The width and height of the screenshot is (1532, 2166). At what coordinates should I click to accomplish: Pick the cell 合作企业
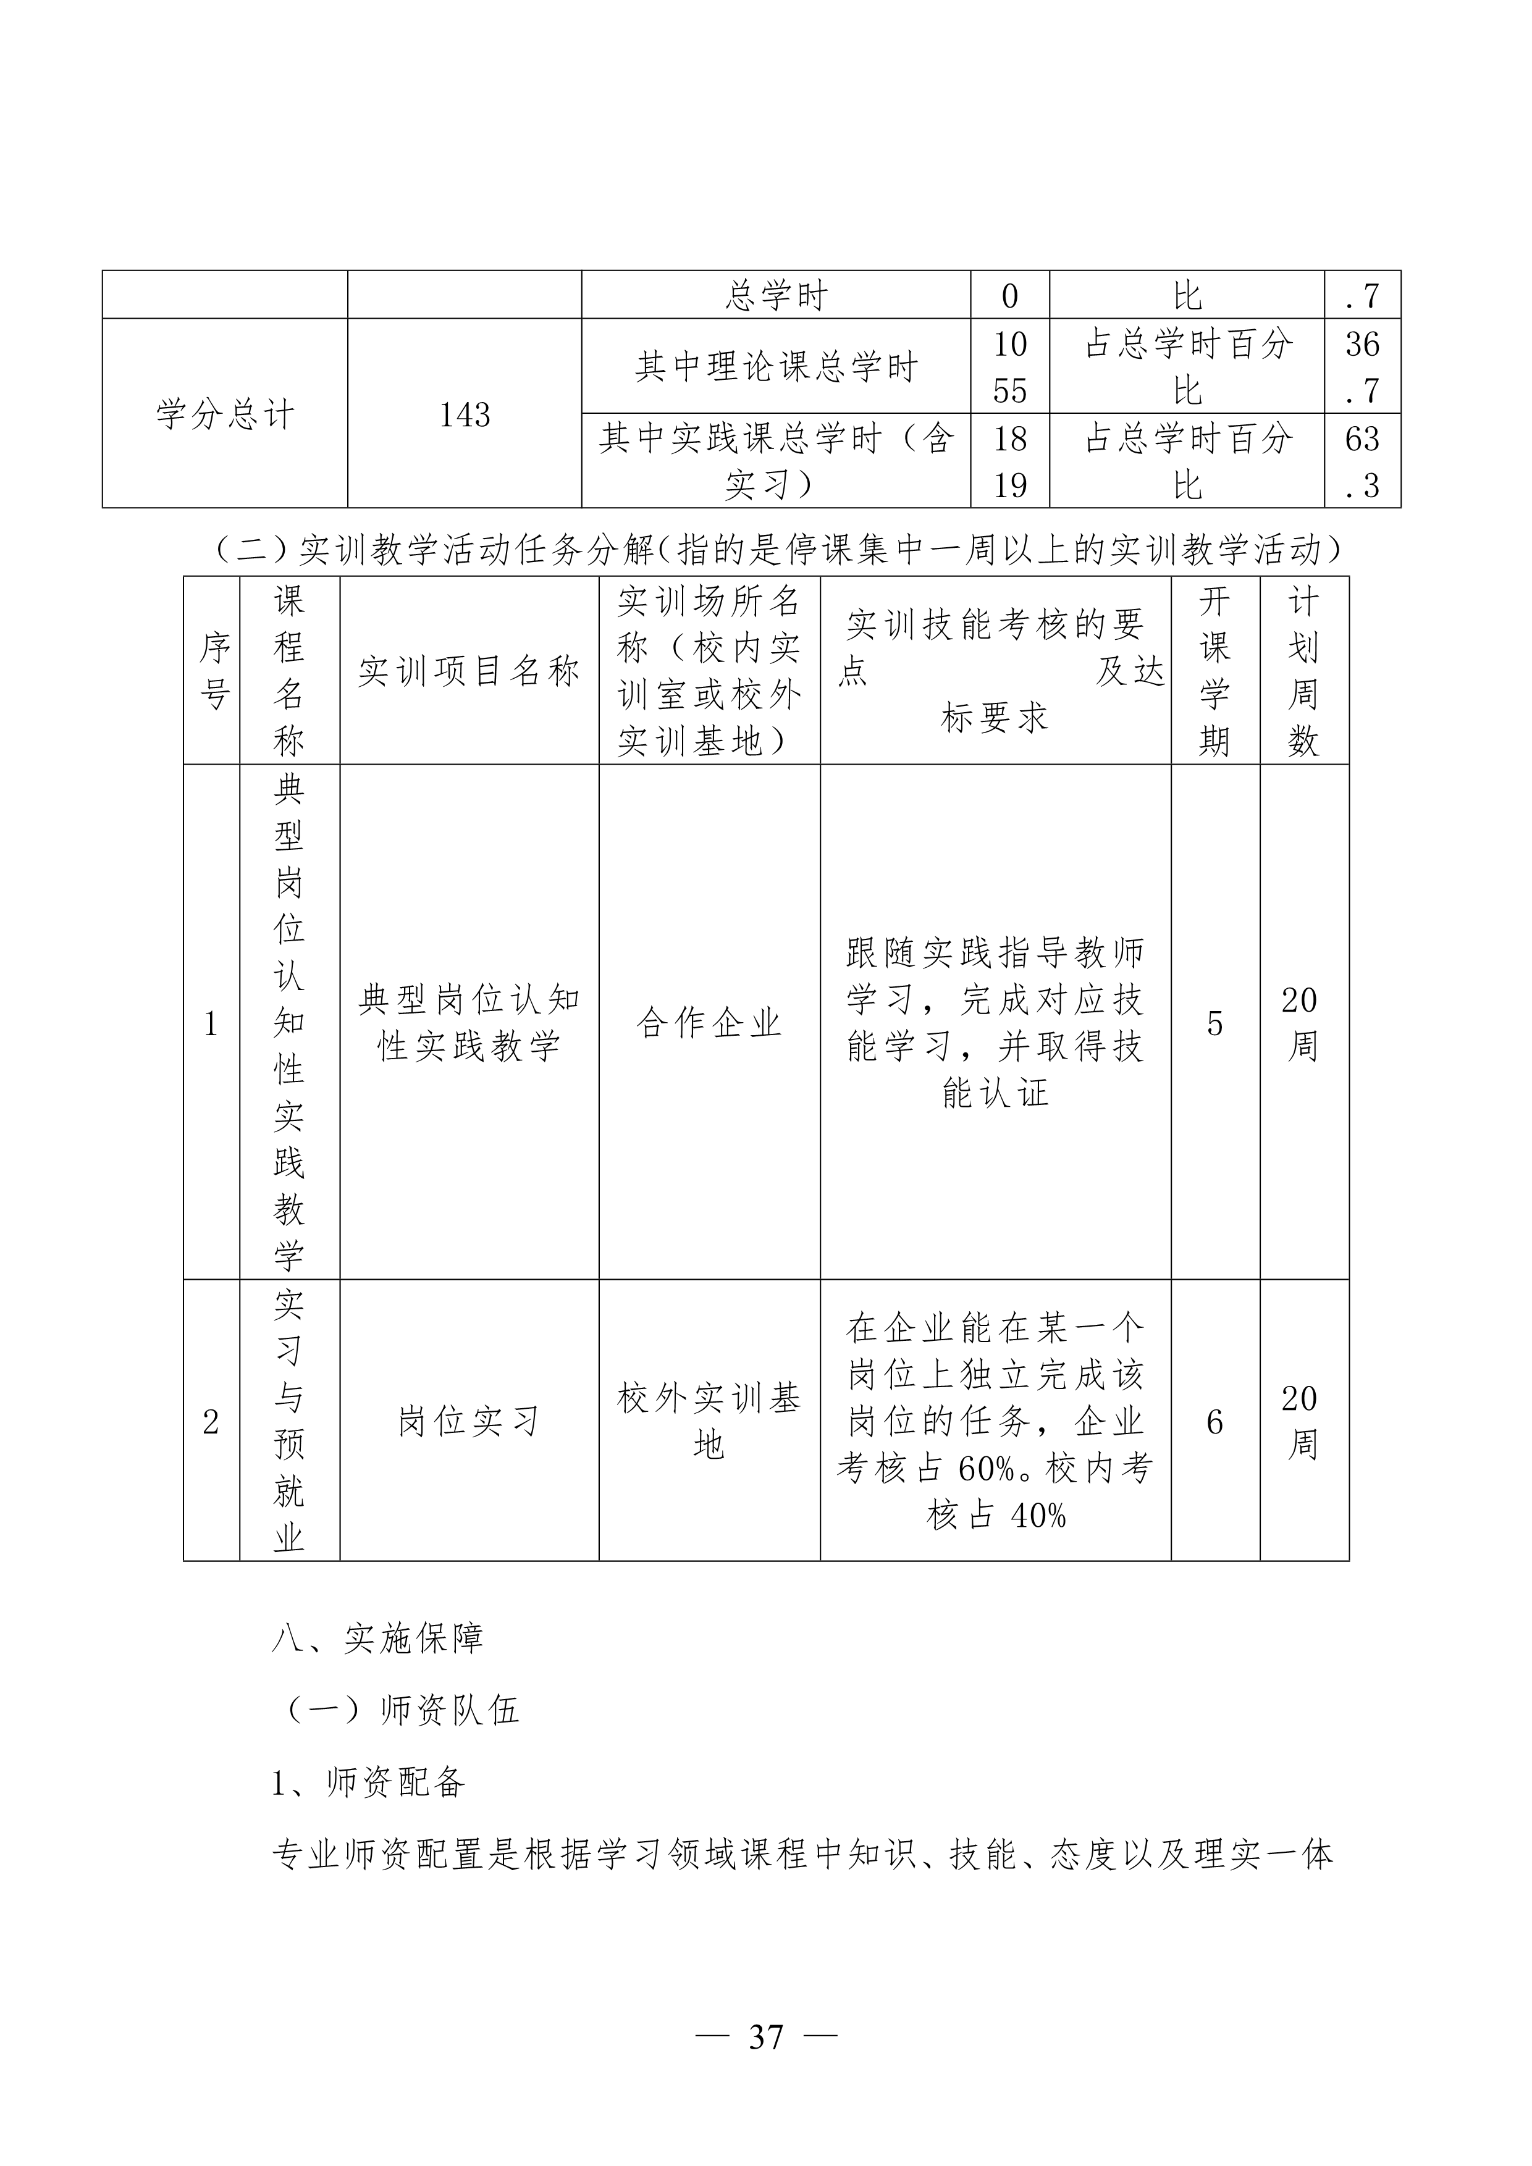(x=709, y=1023)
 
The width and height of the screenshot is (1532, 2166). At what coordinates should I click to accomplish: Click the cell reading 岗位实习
(x=469, y=1422)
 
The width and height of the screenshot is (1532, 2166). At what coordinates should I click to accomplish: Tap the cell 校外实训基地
(x=709, y=1422)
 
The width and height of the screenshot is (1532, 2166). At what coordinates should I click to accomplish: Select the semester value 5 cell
(x=1215, y=1023)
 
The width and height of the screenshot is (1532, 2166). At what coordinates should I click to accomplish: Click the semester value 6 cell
(x=1215, y=1422)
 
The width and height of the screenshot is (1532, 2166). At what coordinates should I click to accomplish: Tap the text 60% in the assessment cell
(x=986, y=1469)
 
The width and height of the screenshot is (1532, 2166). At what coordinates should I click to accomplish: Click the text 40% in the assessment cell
(x=1038, y=1516)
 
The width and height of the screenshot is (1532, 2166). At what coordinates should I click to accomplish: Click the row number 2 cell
(x=211, y=1422)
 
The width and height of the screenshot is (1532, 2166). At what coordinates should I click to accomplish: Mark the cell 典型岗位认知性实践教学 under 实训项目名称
(x=469, y=1023)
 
